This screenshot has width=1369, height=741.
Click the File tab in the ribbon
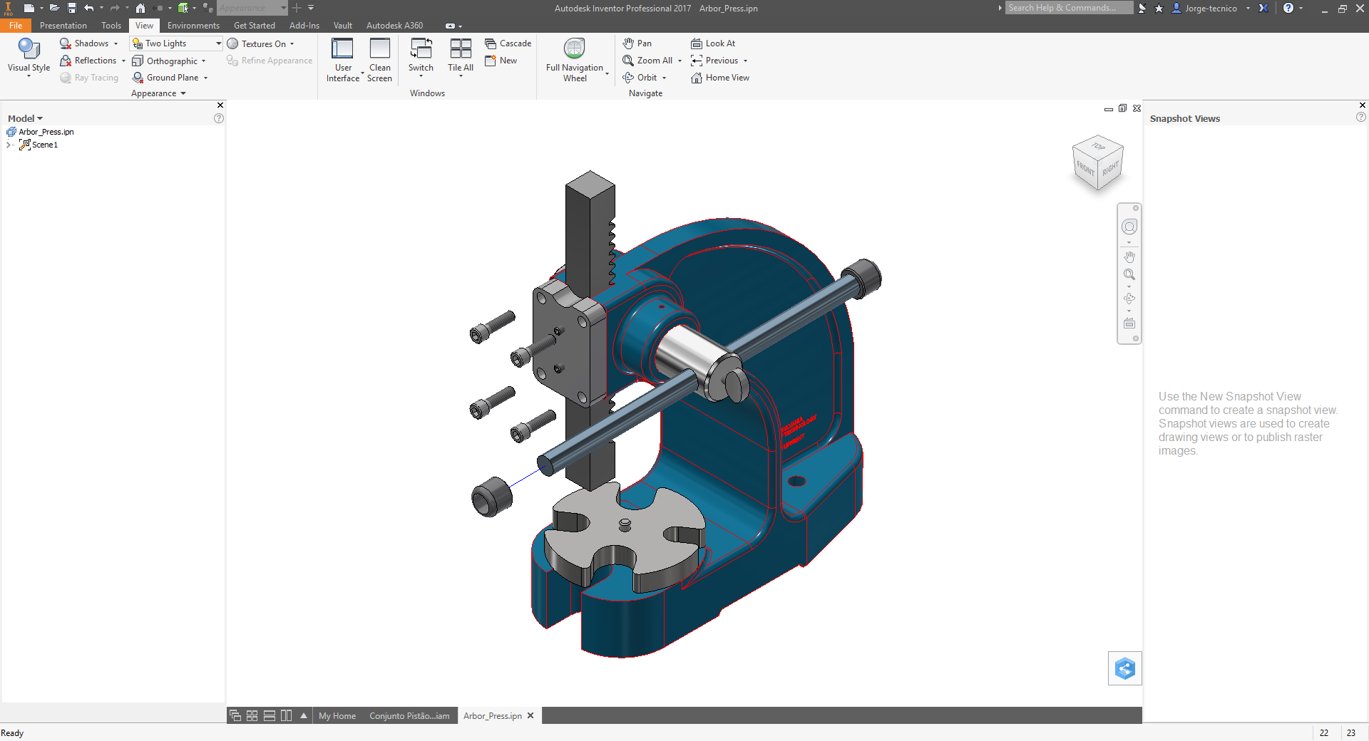tap(16, 26)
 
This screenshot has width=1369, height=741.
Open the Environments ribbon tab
tap(193, 26)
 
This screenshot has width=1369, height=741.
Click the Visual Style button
tap(29, 56)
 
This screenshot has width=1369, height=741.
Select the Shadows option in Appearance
tap(90, 43)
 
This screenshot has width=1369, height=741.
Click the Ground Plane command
tap(171, 78)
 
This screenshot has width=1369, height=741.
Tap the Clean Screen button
tap(379, 59)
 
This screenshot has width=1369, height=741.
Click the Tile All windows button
tap(461, 56)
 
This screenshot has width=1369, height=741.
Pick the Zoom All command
tap(653, 61)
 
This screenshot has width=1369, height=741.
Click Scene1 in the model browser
tap(44, 145)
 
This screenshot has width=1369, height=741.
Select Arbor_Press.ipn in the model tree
tap(46, 132)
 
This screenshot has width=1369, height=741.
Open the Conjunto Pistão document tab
tap(409, 716)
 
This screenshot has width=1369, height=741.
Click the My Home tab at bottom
tap(337, 716)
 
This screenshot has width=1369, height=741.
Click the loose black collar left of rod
tap(491, 497)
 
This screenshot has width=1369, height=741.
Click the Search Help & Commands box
tap(1068, 8)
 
